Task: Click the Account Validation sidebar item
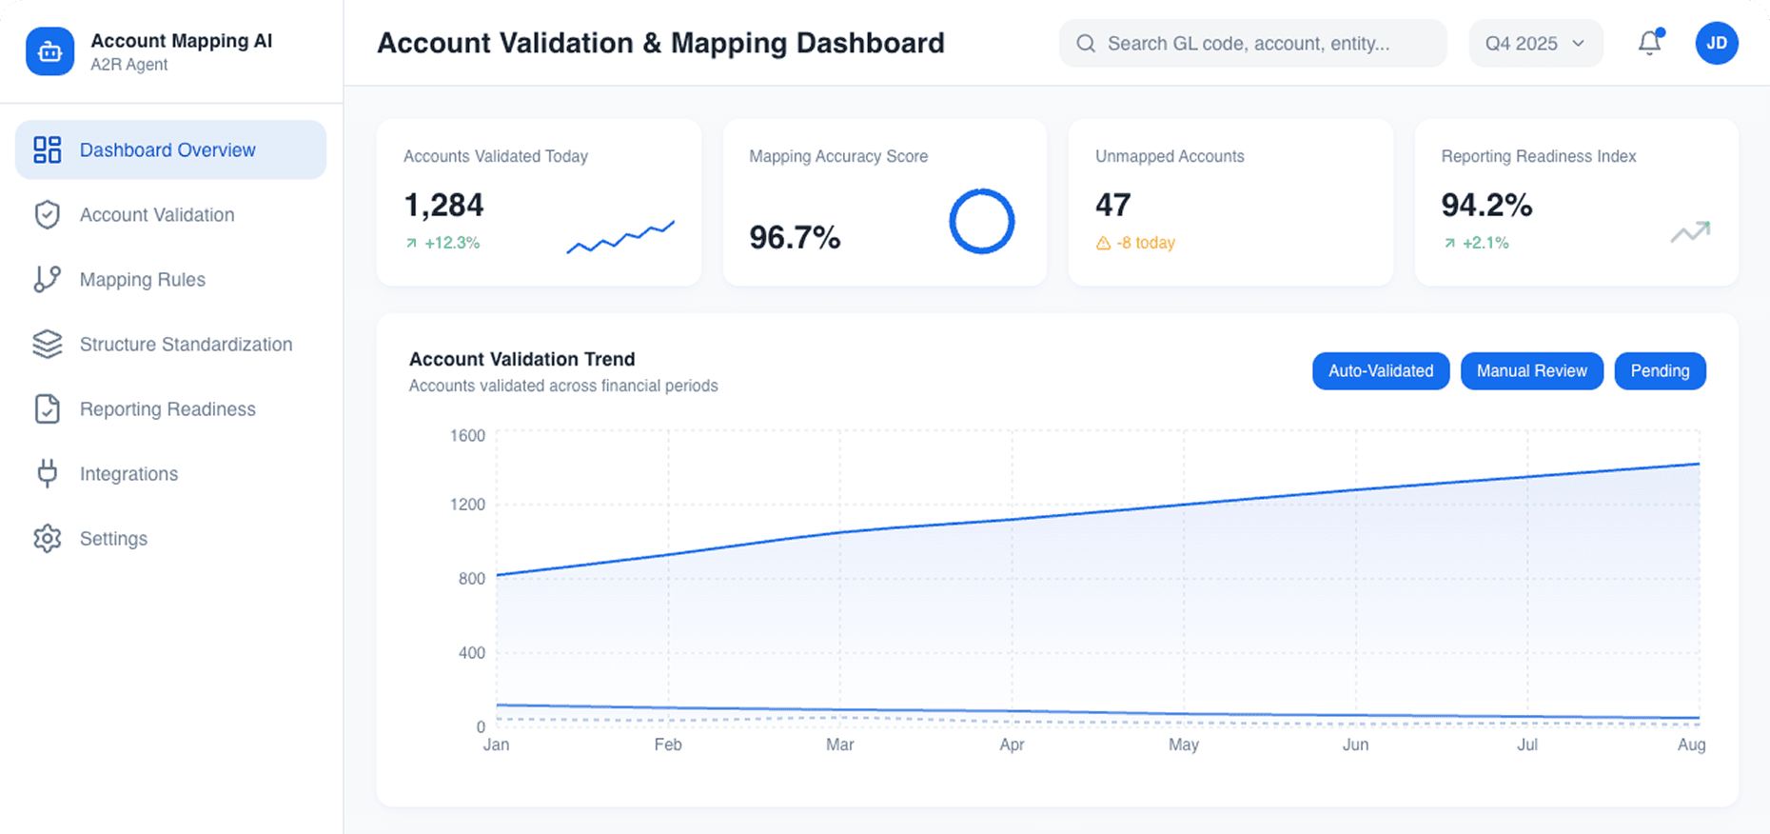(x=157, y=215)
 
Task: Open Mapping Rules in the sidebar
(x=143, y=280)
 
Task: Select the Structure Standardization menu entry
(x=186, y=345)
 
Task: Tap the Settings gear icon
(x=47, y=539)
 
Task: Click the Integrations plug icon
(x=47, y=474)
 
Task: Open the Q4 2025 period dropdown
(x=1534, y=44)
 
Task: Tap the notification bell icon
(x=1649, y=43)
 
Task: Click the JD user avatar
(x=1716, y=43)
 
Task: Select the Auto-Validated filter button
(x=1380, y=371)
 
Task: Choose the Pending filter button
(x=1659, y=371)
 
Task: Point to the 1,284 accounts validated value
(x=443, y=206)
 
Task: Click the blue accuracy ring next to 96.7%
(x=981, y=221)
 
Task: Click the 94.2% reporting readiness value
(x=1485, y=206)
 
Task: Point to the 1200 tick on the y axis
(x=467, y=505)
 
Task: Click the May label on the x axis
(x=1183, y=745)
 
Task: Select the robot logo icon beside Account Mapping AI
(x=49, y=51)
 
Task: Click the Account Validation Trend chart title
(x=521, y=359)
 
